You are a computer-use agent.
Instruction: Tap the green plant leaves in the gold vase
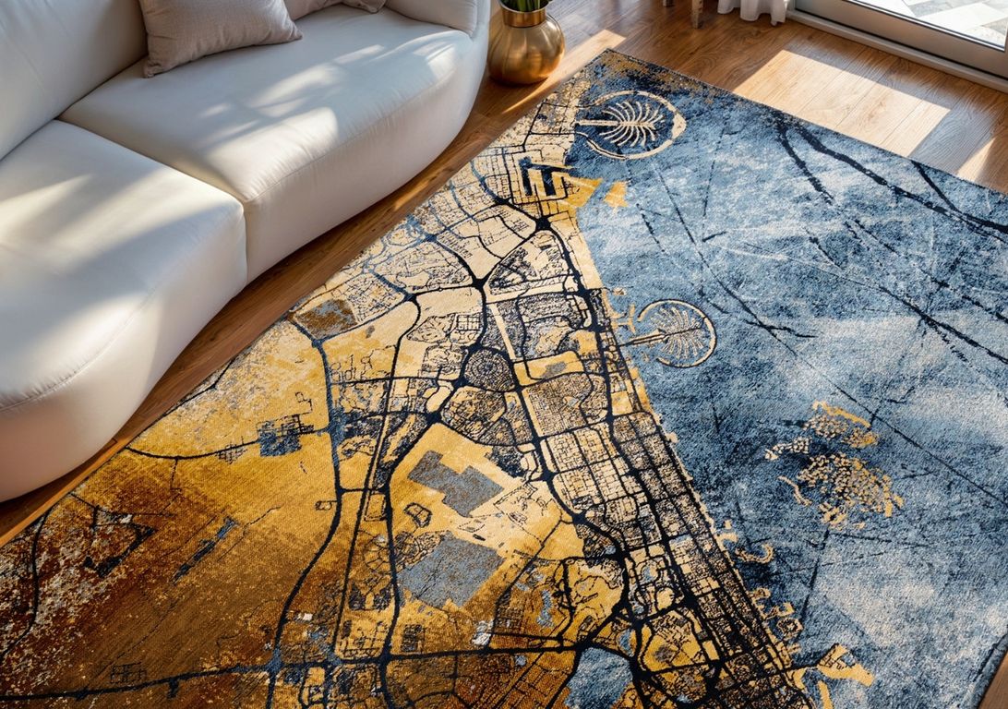[524, 5]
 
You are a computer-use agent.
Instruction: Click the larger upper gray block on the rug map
[456, 482]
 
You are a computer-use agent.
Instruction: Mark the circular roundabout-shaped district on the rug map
[487, 370]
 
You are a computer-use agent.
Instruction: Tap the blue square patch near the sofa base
[280, 436]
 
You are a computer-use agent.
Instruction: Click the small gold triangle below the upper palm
[615, 194]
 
